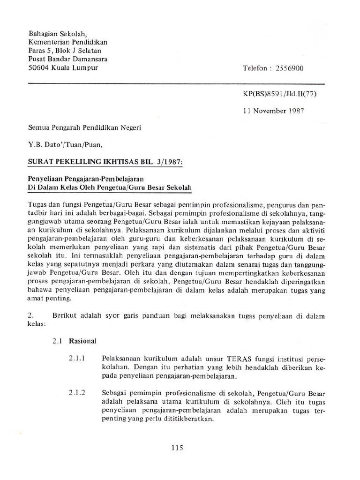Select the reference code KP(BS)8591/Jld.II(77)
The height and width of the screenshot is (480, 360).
pos(280,94)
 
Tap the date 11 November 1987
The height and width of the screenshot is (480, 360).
pos(273,111)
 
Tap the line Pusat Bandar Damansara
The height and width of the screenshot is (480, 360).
pos(68,59)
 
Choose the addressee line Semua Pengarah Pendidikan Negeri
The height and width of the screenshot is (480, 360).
pos(84,127)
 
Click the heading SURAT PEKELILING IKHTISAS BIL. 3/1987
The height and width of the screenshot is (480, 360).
pos(106,162)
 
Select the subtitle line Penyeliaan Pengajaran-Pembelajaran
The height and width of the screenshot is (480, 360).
pos(87,179)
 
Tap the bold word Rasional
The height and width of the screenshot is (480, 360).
pos(82,341)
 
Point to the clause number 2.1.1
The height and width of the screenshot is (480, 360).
pos(76,358)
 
